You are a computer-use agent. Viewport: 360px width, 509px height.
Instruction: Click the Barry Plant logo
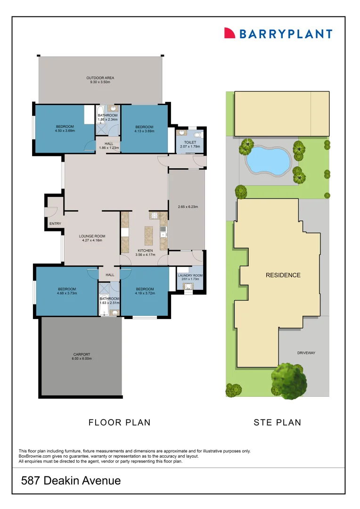(x=278, y=33)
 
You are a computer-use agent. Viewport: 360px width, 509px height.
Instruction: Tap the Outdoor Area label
(x=100, y=80)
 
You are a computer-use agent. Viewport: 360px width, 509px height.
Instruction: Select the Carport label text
(x=82, y=356)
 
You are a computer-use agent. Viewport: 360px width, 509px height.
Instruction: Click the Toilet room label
(x=190, y=144)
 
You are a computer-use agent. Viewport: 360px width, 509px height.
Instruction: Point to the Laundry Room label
(x=190, y=278)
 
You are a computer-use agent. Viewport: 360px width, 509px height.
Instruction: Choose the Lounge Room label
(x=92, y=238)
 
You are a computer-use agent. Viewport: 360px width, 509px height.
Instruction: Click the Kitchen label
(x=145, y=253)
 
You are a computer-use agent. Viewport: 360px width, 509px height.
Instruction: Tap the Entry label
(x=55, y=223)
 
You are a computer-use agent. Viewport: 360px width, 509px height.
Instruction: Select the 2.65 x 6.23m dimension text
(x=187, y=206)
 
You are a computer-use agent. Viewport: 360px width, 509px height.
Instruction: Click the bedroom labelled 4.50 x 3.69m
(x=65, y=129)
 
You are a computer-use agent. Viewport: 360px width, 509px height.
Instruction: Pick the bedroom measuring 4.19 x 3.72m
(x=145, y=291)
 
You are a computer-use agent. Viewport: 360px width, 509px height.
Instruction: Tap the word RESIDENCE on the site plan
(x=283, y=275)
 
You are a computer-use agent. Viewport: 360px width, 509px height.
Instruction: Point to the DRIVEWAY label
(x=306, y=353)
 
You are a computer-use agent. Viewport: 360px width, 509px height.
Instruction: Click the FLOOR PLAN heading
(x=120, y=422)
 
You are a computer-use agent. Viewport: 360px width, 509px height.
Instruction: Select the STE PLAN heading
(x=277, y=422)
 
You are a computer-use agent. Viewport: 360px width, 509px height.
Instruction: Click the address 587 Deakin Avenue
(x=71, y=481)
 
